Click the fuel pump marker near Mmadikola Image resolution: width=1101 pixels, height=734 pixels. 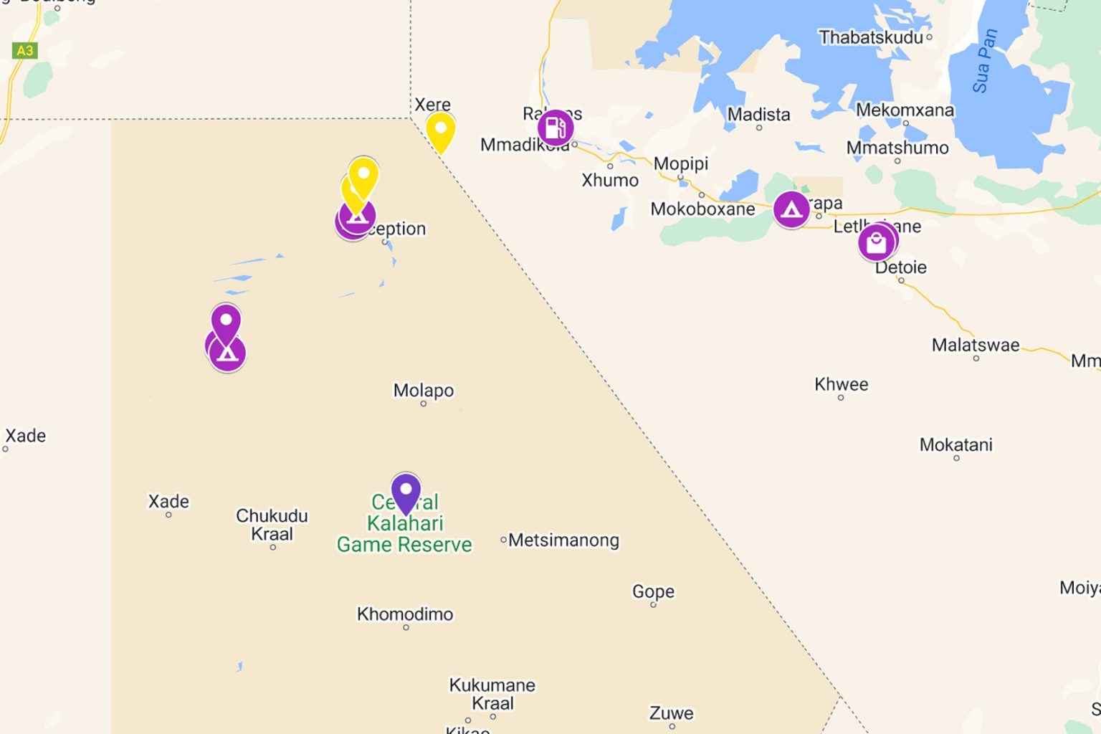[x=556, y=128]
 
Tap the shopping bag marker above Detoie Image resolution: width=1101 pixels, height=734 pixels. [x=877, y=243]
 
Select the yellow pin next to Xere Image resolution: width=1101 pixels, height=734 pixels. [x=441, y=130]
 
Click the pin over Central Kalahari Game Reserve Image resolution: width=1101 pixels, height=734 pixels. [x=406, y=491]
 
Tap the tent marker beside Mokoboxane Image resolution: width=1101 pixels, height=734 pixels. [x=791, y=209]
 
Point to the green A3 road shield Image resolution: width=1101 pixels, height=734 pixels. [x=24, y=50]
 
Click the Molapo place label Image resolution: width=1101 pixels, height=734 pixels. [x=424, y=391]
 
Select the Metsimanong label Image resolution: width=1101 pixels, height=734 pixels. [x=563, y=540]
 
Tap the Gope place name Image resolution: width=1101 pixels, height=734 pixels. [x=653, y=591]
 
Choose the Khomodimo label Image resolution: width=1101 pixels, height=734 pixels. [x=405, y=614]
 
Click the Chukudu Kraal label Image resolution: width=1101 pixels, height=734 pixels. [x=272, y=525]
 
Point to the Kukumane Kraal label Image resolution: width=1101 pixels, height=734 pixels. [x=492, y=694]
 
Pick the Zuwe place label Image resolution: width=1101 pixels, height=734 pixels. [x=672, y=713]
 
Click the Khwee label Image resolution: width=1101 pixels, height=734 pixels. [x=842, y=385]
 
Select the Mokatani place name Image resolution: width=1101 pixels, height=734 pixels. [x=956, y=445]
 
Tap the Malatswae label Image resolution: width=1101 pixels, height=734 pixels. [x=976, y=345]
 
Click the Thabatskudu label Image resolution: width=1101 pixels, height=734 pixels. [x=871, y=37]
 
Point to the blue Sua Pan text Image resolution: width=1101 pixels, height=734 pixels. [x=984, y=61]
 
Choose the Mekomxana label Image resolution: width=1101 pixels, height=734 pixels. [x=905, y=110]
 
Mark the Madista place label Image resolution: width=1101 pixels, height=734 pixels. [x=758, y=115]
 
